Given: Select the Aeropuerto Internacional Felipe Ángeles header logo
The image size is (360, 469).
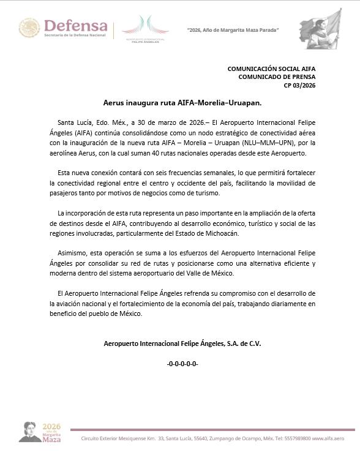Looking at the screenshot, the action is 145,29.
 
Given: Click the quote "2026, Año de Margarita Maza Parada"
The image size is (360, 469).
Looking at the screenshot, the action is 233,30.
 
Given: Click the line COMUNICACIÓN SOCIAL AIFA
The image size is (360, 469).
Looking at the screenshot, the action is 271,69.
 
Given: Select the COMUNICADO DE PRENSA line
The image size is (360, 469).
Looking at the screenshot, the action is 276,77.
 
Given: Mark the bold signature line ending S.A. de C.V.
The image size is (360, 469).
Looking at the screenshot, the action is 182,343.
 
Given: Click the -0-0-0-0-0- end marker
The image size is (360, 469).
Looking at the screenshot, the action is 182,364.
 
